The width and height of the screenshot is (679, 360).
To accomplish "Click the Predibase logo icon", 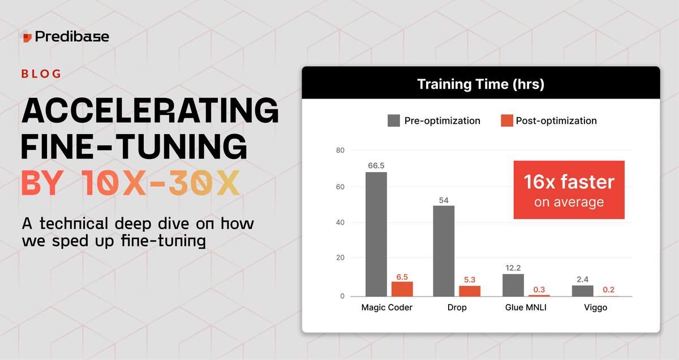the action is (27, 36).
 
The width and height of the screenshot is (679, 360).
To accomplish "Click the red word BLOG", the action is (41, 74).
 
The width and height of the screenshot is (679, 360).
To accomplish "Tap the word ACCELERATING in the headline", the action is (150, 110).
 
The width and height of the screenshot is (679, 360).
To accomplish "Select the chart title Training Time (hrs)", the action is (481, 84).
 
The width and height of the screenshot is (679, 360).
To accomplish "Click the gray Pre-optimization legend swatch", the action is (393, 121).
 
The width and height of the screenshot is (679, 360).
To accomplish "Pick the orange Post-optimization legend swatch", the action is (507, 121).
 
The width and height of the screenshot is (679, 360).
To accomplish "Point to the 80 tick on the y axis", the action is (340, 150).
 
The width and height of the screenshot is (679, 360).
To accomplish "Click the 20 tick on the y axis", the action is (340, 258).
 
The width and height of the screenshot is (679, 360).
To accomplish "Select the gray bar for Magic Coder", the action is (376, 234).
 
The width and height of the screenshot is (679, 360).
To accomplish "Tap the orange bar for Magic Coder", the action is (402, 289).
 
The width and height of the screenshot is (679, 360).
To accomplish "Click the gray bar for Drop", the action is (444, 251).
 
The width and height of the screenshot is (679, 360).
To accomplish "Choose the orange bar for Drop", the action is (470, 291).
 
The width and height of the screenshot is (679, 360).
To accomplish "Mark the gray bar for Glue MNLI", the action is (513, 285).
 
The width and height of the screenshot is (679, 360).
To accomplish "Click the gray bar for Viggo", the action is (583, 291).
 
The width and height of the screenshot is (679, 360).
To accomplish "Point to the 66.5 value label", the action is (376, 166).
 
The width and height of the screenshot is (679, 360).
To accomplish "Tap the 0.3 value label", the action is (539, 290).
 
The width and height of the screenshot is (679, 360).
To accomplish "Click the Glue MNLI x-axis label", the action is (526, 307).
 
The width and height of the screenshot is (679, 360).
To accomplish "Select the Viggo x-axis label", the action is (596, 308).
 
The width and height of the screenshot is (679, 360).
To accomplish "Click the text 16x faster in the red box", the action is (569, 182).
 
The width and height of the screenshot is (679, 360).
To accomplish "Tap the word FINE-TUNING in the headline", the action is (134, 147).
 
